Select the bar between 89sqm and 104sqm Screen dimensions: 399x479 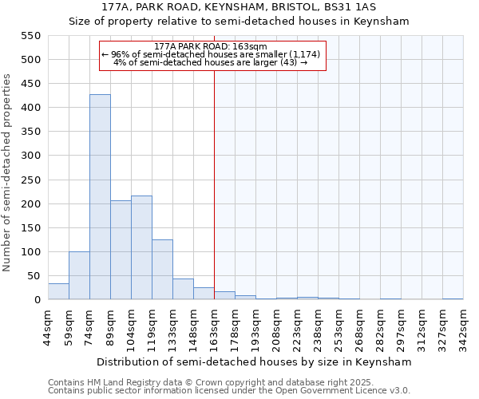click(121, 250)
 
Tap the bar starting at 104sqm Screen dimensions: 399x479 click(141, 247)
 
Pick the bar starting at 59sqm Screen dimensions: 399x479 click(79, 275)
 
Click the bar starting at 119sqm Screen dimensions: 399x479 click(162, 270)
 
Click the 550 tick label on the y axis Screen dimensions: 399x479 click(30, 36)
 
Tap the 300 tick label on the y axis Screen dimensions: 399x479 click(30, 156)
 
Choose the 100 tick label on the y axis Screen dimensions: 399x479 click(30, 252)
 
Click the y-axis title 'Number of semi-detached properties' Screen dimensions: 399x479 click(8, 172)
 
